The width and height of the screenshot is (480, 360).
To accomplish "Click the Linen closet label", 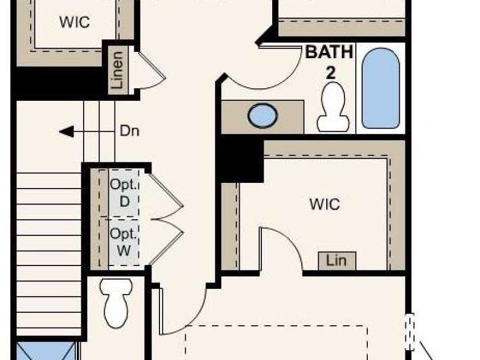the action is coord(117,70).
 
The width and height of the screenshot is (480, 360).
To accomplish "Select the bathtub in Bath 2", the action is coord(380,88).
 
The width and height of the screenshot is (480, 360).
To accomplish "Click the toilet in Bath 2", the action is coord(333,107).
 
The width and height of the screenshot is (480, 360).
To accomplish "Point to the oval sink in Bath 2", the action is coord(262,116).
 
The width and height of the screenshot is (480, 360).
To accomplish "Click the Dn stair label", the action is coord(129,131).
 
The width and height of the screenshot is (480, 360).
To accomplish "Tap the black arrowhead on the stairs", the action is coord(67,132).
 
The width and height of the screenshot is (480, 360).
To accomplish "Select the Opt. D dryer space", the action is coord(124,193).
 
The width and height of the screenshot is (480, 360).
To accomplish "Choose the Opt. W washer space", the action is coord(124,242).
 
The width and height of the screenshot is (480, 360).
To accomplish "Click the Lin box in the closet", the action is coord(337,261).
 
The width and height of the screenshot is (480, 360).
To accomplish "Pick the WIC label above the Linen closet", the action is coord(75,22).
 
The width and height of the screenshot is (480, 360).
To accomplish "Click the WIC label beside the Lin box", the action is coord(325,204).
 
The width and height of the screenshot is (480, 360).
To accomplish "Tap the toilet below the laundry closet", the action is coord(116,303).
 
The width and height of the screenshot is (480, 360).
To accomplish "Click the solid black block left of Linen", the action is coord(58,83).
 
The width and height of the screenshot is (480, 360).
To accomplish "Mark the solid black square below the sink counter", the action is coord(243,159).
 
